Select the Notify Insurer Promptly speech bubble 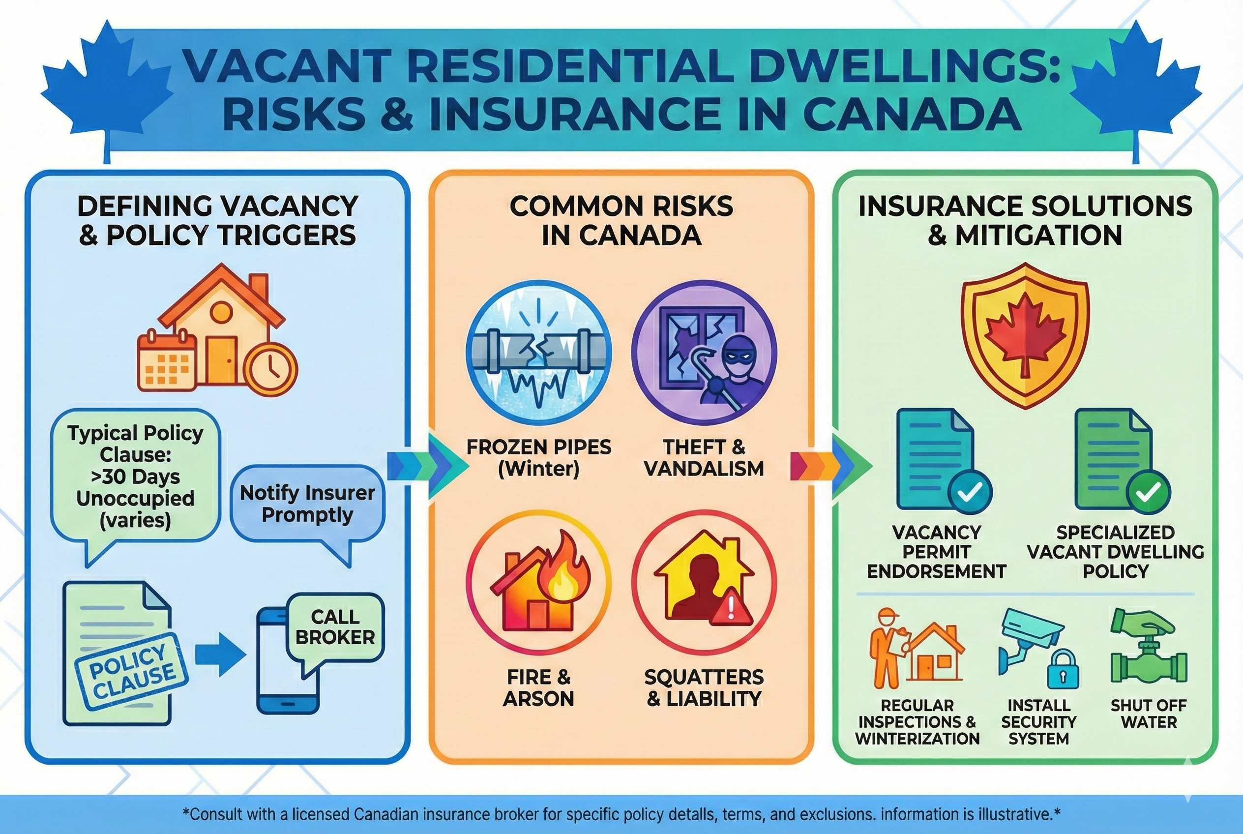click(307, 504)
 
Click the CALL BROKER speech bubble click(335, 627)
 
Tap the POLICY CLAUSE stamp click(131, 672)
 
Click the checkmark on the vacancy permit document click(970, 492)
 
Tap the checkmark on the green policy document click(1148, 492)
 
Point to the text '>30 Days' click(135, 477)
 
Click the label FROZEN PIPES click(538, 447)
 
